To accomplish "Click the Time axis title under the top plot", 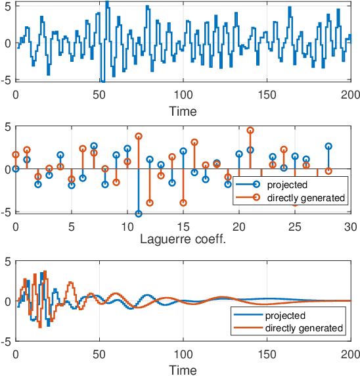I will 183,111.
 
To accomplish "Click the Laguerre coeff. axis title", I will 183,239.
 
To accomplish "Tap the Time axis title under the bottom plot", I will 183,370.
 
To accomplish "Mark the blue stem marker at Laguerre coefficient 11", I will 139,214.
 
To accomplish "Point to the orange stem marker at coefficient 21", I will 250,130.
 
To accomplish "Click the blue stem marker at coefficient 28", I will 328,146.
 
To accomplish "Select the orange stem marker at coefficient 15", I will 183,202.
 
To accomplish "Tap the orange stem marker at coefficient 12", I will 150,202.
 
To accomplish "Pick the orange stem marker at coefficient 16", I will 194,142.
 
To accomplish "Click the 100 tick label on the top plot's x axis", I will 183,95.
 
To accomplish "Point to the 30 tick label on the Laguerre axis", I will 350,225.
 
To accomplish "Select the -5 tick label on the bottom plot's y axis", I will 7,342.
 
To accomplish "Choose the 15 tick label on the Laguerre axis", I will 183,225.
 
